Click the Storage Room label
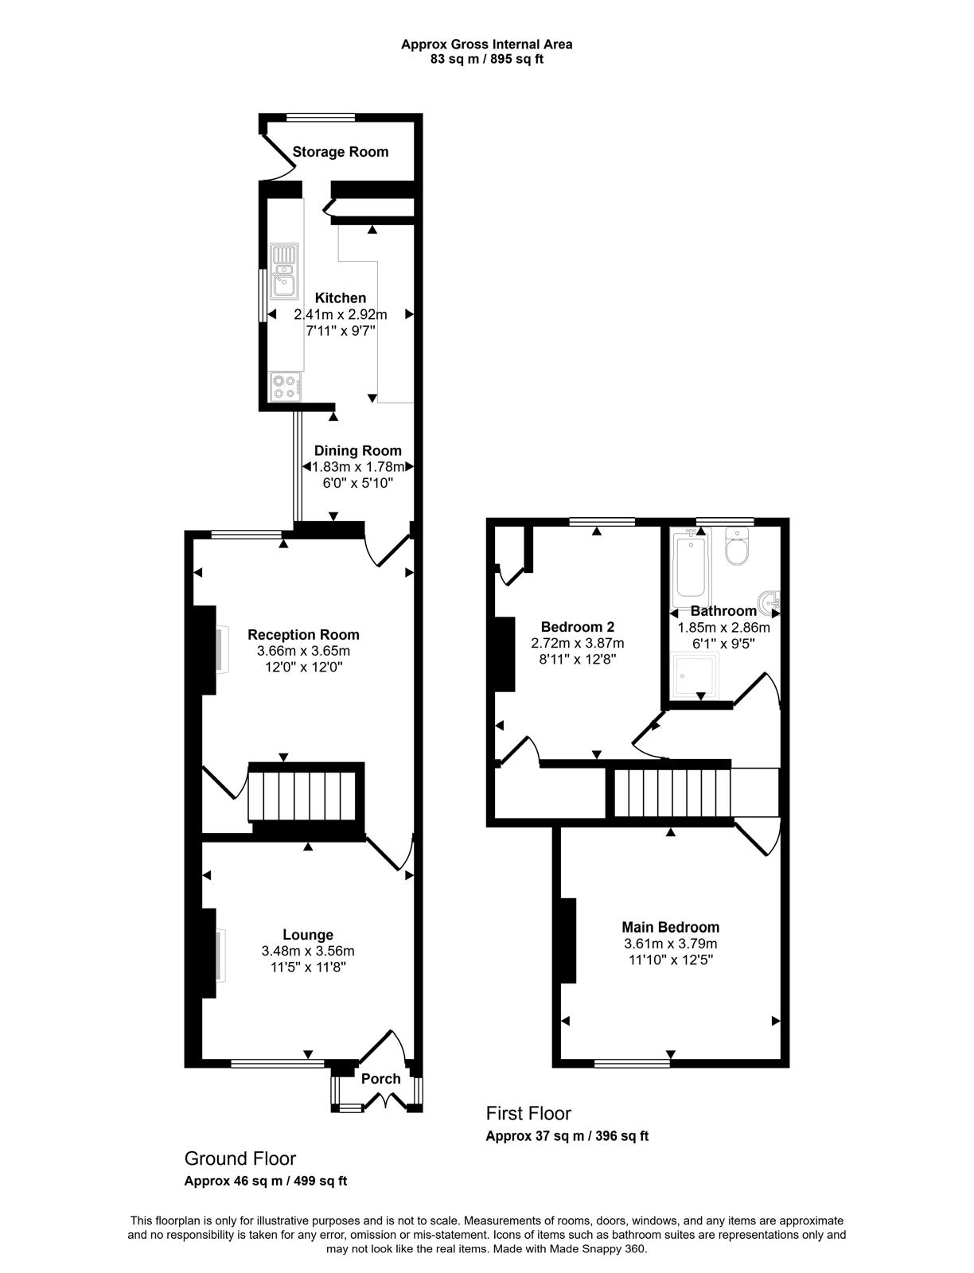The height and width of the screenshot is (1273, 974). (340, 152)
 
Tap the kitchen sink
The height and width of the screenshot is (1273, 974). (284, 271)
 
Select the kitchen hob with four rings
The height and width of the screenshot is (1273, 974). (286, 386)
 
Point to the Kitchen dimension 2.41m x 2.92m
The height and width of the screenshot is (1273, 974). (341, 314)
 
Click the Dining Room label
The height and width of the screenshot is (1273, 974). (358, 450)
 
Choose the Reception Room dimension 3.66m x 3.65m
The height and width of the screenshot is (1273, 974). (303, 651)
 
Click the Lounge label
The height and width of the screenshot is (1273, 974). (308, 934)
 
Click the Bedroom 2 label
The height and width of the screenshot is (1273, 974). (577, 627)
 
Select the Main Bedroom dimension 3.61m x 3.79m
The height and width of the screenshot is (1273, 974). (671, 944)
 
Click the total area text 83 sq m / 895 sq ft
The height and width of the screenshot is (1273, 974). (487, 59)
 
